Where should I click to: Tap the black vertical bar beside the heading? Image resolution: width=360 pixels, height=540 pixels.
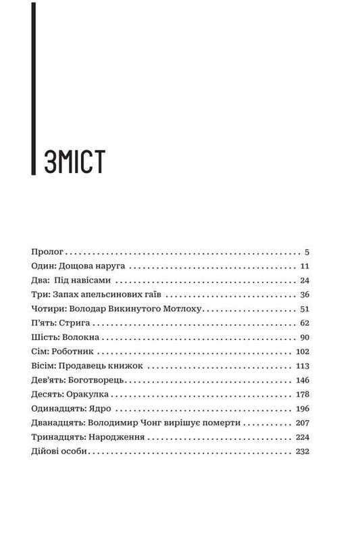34,88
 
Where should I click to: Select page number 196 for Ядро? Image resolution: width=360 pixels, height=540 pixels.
301,410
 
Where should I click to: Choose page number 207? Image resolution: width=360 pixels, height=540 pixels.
301,424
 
